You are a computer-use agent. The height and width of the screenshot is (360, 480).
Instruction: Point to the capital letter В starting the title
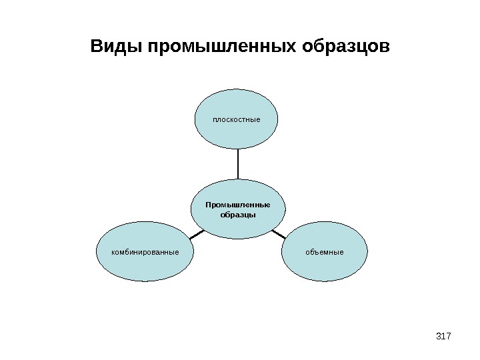click(96, 47)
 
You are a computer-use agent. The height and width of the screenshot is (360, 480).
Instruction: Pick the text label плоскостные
click(236, 121)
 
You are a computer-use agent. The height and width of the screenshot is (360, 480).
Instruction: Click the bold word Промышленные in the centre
click(238, 205)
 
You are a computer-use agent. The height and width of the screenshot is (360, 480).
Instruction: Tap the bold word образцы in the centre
click(238, 215)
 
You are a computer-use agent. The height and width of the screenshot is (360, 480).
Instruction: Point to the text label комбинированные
click(145, 253)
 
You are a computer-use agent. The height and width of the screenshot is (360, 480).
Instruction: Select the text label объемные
click(325, 253)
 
